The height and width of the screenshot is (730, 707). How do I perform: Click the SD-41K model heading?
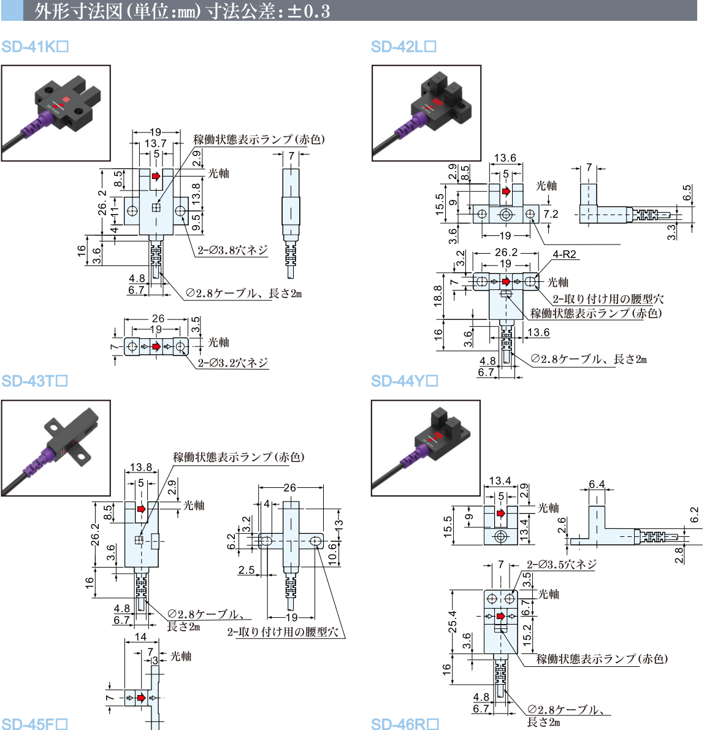(x=34, y=47)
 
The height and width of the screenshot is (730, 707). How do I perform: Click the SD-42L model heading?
(x=403, y=47)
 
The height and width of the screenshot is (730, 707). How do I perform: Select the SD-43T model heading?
(x=34, y=381)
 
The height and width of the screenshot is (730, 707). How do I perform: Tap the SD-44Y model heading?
(x=404, y=381)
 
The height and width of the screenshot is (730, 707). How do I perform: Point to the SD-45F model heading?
(x=34, y=724)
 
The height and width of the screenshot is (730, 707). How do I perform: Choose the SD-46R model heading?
(x=405, y=724)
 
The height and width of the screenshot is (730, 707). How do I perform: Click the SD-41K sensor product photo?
(x=56, y=113)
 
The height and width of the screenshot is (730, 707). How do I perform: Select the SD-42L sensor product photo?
(x=426, y=113)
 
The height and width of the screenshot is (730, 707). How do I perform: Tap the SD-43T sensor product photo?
(x=56, y=448)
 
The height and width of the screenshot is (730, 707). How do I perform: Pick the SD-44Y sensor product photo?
(x=426, y=448)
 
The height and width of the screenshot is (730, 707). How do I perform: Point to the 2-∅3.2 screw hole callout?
(x=233, y=362)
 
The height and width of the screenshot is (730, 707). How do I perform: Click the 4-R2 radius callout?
(x=564, y=254)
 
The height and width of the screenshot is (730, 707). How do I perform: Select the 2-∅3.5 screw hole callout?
(x=561, y=565)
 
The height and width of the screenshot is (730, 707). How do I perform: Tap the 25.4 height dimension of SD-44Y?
(x=453, y=622)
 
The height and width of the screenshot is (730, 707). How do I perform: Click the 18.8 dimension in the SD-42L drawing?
(x=438, y=295)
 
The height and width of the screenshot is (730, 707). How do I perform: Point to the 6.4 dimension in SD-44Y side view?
(x=597, y=485)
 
